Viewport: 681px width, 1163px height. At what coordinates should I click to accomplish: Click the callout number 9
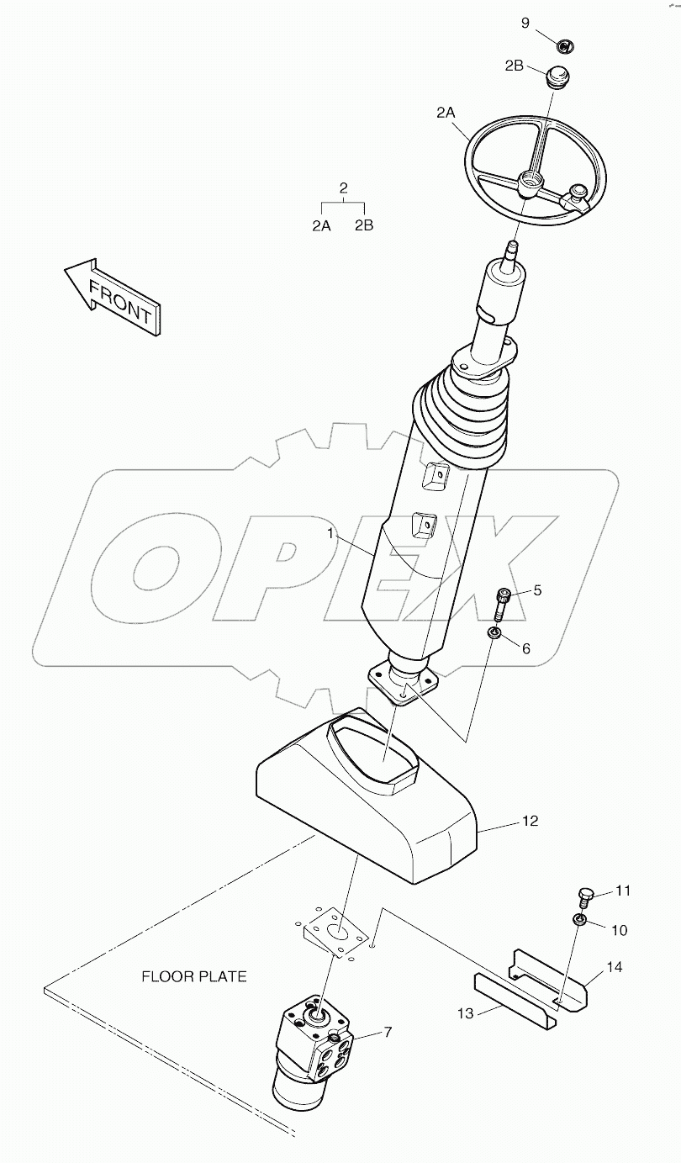coord(525,23)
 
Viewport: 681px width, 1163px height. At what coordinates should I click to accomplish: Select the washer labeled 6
coord(496,632)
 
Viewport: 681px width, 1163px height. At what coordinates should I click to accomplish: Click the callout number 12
coord(530,821)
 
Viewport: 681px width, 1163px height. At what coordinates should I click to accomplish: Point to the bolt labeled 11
coord(586,896)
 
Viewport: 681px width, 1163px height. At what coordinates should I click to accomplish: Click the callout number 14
coord(614,968)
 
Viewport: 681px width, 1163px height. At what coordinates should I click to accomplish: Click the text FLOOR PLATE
coord(194,976)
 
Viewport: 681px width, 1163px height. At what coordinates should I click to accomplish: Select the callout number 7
coord(388,1032)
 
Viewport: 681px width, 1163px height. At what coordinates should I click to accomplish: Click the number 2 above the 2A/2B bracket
coord(343,188)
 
